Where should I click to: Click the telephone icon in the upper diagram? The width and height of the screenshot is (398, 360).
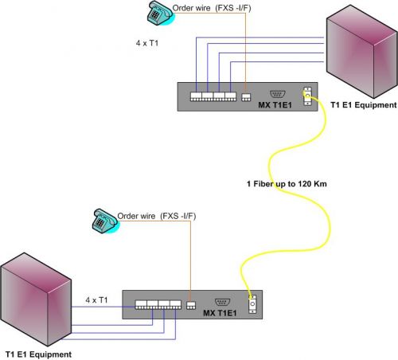[x=161, y=14]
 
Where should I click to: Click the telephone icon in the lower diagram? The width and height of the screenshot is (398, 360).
[x=106, y=221]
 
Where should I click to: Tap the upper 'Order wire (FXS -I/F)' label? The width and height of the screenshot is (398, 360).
[x=212, y=8]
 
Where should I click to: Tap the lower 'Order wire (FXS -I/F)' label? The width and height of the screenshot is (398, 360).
[x=157, y=216]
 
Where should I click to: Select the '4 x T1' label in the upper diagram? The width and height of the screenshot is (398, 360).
[x=147, y=43]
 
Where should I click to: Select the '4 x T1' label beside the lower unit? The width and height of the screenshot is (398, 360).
[x=96, y=300]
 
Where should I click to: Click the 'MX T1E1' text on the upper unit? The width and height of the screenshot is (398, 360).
[x=275, y=105]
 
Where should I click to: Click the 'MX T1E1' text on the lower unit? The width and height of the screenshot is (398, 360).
[x=220, y=313]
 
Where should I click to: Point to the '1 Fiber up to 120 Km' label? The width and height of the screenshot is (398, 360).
[x=287, y=184]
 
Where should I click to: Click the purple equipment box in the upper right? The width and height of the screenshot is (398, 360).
[x=362, y=52]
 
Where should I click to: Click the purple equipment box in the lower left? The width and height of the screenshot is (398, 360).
[x=36, y=299]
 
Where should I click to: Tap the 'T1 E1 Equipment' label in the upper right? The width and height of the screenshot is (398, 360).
[x=364, y=105]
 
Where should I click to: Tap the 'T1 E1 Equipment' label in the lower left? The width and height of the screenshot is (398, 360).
[x=38, y=354]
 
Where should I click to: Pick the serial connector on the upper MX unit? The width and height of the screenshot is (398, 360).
[x=278, y=94]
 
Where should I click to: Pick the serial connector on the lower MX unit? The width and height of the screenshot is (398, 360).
[x=222, y=302]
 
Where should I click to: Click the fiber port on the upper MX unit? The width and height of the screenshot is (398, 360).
[x=307, y=96]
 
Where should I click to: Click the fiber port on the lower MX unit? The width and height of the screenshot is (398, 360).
[x=252, y=304]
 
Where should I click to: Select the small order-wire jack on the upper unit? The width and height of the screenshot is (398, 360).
[x=246, y=97]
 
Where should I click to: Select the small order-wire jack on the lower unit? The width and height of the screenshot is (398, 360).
[x=191, y=305]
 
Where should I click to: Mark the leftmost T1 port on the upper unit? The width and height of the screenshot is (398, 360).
[x=196, y=96]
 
